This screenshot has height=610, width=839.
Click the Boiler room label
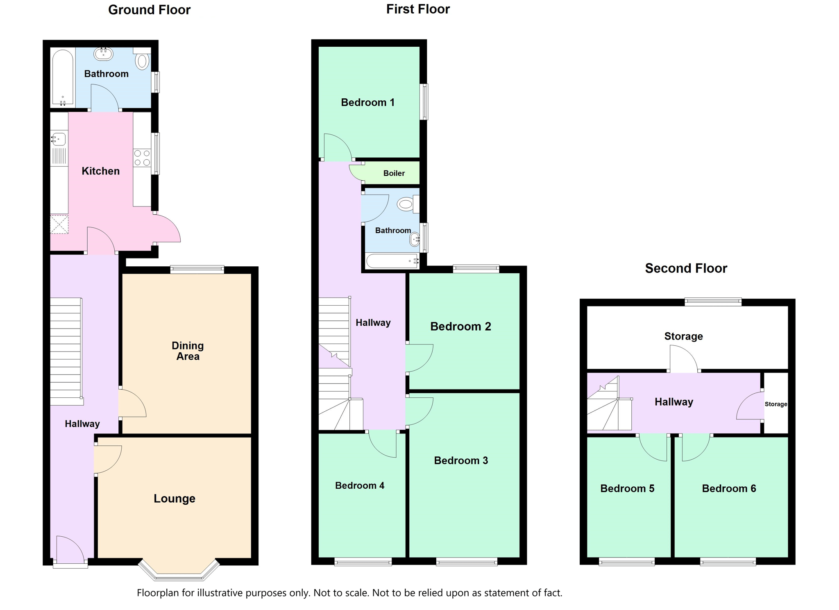(394, 173)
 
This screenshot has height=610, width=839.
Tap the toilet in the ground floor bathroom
(142, 59)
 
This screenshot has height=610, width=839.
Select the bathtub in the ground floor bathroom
(63, 77)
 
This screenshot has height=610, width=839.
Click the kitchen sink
(59, 139)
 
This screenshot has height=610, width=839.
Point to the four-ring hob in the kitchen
(142, 158)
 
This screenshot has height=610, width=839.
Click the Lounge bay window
(179, 570)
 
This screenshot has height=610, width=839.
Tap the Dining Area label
(188, 351)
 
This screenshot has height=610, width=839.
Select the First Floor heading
(418, 9)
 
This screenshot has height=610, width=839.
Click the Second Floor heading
(686, 268)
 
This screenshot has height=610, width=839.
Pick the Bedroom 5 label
(627, 488)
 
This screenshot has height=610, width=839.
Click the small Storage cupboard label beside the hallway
(776, 404)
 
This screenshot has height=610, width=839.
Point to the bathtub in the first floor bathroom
(392, 261)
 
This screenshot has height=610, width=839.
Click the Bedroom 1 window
(425, 102)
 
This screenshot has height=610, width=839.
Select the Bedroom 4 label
(360, 485)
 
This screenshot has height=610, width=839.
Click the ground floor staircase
(66, 351)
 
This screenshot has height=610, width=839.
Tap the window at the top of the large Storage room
(713, 302)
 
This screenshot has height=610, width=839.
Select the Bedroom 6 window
(728, 562)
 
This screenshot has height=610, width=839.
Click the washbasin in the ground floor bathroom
(103, 54)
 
